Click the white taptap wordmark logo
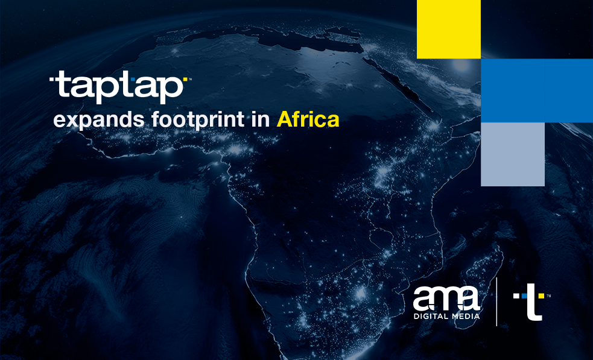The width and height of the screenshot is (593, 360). coord(118,87)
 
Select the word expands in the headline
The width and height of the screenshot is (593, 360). coord(99,120)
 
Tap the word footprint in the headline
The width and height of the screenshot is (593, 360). coord(198,119)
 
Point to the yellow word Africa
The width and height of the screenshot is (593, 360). coord(308,119)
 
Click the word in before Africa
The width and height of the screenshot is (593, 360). coord(260,119)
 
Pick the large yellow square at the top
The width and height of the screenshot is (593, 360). coord(449,29)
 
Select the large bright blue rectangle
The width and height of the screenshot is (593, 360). coord(537,90)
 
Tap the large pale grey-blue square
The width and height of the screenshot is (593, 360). coord(512,154)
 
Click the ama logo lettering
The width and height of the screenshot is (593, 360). coord(446,298)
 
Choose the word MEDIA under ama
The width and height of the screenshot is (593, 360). coord(466,316)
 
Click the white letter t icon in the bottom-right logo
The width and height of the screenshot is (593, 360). coord(534,302)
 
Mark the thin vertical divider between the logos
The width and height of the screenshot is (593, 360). coord(496,302)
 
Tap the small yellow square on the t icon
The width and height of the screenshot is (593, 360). coord(541,295)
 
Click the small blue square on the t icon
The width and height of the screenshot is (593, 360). coord(524,295)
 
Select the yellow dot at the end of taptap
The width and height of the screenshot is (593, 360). coord(185,78)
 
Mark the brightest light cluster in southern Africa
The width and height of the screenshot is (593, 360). coord(361,293)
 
